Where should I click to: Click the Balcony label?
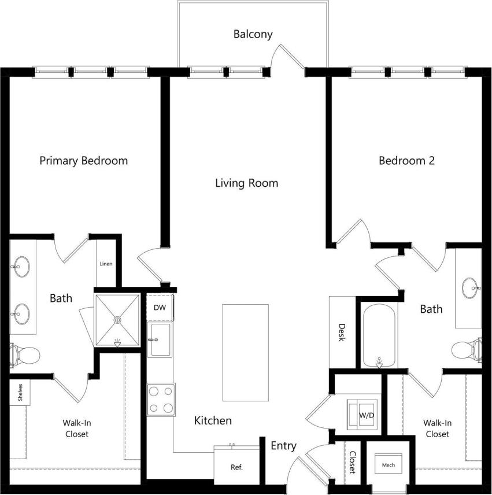coord(253,34)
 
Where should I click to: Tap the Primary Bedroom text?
coord(83,161)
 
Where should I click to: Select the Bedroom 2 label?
coord(406,161)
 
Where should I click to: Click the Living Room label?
coord(246,183)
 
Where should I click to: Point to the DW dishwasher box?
coord(160,308)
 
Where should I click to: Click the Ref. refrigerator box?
coord(235,466)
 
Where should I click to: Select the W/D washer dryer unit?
coord(363,415)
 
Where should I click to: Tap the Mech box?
coord(388,464)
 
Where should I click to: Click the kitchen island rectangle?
coord(245,352)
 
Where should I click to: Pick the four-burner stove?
coord(161,400)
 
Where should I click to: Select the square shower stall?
coord(117,320)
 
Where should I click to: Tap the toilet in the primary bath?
coord(23,353)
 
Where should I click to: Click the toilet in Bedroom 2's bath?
coord(466,349)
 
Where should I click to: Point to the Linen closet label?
coord(106,264)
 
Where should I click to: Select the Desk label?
coord(341,332)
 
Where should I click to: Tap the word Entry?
coord(283,446)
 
